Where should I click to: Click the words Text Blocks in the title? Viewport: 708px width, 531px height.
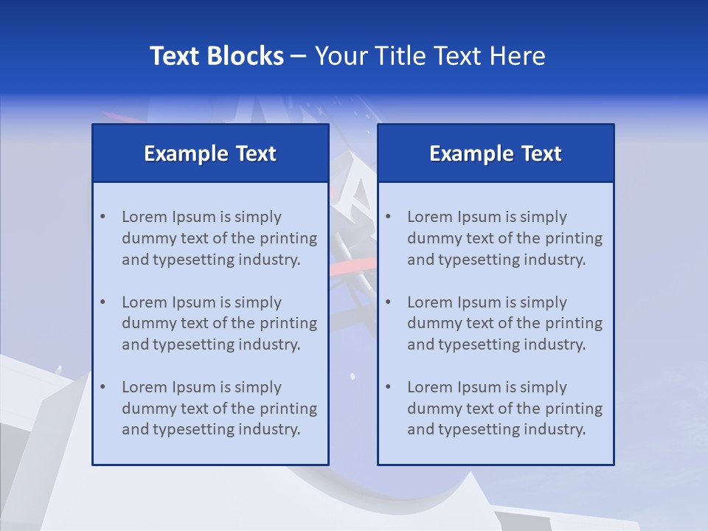(216, 56)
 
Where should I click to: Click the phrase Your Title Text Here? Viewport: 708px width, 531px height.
(430, 56)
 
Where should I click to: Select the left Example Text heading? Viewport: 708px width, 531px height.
(210, 153)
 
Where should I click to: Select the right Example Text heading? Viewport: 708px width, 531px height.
(496, 153)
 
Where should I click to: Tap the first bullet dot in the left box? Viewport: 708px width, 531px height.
(103, 217)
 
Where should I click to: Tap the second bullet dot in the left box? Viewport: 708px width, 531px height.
(103, 302)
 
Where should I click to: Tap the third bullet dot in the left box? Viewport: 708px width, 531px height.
(103, 387)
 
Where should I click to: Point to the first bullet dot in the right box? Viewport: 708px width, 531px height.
(388, 217)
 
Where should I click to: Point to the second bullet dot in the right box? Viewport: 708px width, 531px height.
(388, 302)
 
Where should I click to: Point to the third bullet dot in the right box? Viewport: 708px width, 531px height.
(388, 387)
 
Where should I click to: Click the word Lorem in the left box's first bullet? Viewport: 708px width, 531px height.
(145, 217)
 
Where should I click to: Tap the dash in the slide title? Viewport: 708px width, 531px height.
(299, 57)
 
